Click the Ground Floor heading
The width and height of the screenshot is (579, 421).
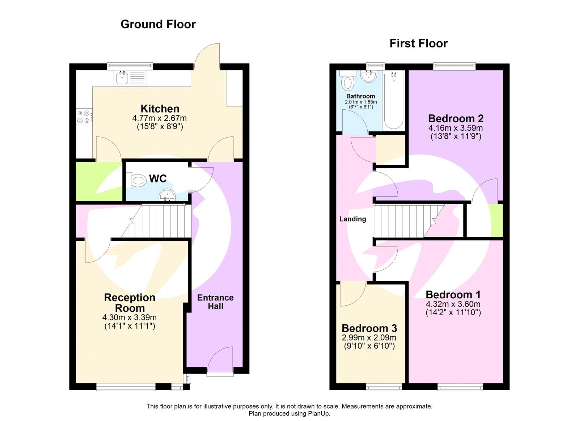point(158,24)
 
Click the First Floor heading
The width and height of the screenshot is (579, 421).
point(418,43)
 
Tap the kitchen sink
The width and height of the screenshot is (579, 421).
point(122,78)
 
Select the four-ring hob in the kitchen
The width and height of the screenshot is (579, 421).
point(84,117)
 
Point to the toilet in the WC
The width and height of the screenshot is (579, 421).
point(138,180)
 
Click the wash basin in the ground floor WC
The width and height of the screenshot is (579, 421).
point(167,196)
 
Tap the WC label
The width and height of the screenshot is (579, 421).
point(158,178)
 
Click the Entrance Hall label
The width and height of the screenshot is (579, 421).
point(215,302)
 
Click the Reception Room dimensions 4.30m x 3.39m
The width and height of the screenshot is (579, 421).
point(130,317)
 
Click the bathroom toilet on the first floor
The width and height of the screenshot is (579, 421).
point(348,82)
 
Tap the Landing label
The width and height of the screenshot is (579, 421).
point(352,219)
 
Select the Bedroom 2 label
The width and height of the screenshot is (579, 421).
point(456,119)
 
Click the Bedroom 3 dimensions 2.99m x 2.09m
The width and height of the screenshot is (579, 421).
point(369,337)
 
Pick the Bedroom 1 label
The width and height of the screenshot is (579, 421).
point(453,295)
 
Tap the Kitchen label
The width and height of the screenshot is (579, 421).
point(160,109)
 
